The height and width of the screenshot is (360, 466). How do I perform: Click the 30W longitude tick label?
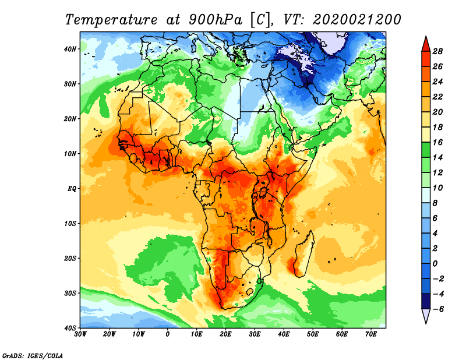[80, 334]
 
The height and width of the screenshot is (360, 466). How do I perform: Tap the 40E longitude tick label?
[284, 334]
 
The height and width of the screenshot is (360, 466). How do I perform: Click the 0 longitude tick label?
[168, 334]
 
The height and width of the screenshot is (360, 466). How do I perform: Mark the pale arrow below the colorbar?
[426, 316]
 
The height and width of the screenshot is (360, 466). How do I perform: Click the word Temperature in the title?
[108, 19]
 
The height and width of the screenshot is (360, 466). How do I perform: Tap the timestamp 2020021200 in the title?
[357, 19]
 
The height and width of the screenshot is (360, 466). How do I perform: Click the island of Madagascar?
[303, 253]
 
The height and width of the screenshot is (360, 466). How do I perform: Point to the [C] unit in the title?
[261, 19]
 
